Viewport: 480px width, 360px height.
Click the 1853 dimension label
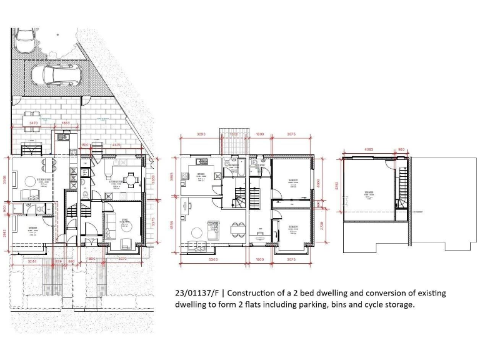tap(65, 124)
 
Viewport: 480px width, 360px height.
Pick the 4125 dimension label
tap(116, 145)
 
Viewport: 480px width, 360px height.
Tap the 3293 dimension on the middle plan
tap(201, 134)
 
